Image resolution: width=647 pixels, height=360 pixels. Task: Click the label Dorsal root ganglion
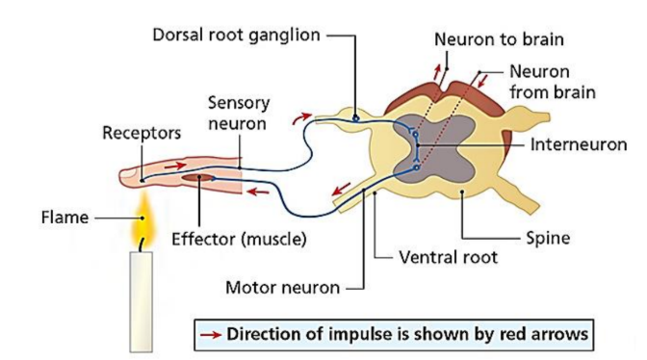click(237, 36)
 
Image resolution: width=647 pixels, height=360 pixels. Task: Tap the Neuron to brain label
click(499, 39)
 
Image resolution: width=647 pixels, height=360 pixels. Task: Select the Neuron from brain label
click(553, 82)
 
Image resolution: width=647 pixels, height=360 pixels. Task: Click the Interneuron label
click(579, 144)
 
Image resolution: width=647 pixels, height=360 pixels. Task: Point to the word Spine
click(548, 238)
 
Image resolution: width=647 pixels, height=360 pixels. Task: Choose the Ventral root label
click(448, 257)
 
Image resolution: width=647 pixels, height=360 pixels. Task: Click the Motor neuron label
click(283, 288)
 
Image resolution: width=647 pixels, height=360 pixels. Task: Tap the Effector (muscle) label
click(239, 239)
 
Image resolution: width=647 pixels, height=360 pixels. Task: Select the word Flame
click(65, 218)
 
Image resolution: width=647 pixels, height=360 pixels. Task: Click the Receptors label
click(142, 133)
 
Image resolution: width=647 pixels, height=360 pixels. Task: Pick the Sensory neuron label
click(238, 113)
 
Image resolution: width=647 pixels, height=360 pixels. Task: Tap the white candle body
click(142, 301)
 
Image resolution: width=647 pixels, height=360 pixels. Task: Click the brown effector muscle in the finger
click(198, 178)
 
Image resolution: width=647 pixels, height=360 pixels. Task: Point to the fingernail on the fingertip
click(128, 173)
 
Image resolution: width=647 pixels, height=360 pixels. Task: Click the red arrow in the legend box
click(211, 334)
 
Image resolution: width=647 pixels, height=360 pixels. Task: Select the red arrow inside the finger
click(175, 166)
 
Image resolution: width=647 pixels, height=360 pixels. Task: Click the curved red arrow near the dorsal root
click(300, 117)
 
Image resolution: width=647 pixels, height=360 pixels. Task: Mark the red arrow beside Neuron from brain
click(482, 81)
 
